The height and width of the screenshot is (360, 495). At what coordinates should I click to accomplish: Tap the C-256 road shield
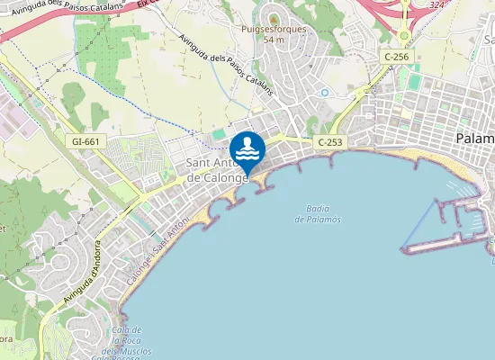pyautogui.click(x=396, y=57)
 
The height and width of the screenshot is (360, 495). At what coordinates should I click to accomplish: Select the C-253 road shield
pyautogui.click(x=329, y=143)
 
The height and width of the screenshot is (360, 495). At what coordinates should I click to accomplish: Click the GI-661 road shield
pyautogui.click(x=85, y=141)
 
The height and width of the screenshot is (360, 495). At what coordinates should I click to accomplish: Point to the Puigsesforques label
pyautogui.click(x=274, y=29)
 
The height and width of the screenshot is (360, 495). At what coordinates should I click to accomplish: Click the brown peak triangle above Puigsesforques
pyautogui.click(x=273, y=17)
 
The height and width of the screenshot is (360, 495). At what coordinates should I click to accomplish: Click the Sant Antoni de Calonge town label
pyautogui.click(x=216, y=170)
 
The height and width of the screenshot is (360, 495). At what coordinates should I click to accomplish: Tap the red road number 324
pyautogui.click(x=437, y=5)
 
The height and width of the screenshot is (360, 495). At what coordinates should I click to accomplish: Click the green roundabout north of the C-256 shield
pyautogui.click(x=404, y=37)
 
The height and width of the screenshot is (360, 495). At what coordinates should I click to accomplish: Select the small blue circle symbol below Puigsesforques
pyautogui.click(x=324, y=93)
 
